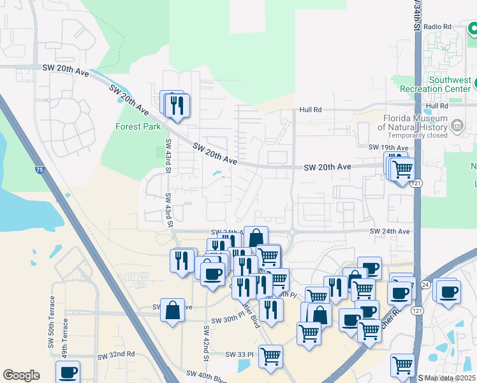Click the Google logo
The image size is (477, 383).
click(21, 375)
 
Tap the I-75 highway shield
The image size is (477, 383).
click(40, 170)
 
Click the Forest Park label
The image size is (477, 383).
click(138, 126)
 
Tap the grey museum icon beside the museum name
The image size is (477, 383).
click(457, 126)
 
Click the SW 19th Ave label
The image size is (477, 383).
click(385, 147)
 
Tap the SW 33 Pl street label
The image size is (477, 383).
click(240, 354)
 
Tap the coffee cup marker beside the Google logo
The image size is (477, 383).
click(68, 372)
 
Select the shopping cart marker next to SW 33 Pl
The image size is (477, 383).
click(270, 355)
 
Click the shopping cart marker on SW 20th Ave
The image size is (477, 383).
click(402, 170)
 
